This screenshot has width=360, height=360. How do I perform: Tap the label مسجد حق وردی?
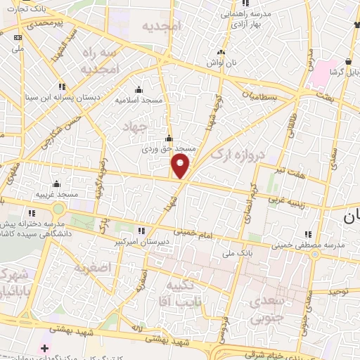(x=168, y=149)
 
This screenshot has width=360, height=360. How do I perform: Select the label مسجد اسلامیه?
(x=139, y=100)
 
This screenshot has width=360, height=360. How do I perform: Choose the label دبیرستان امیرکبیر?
(x=176, y=231)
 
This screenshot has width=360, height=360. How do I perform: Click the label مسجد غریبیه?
(x=58, y=193)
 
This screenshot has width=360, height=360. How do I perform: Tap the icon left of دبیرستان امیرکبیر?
(x=141, y=231)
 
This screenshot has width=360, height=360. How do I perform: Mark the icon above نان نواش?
(x=221, y=52)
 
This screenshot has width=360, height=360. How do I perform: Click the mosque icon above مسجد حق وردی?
(x=168, y=138)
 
